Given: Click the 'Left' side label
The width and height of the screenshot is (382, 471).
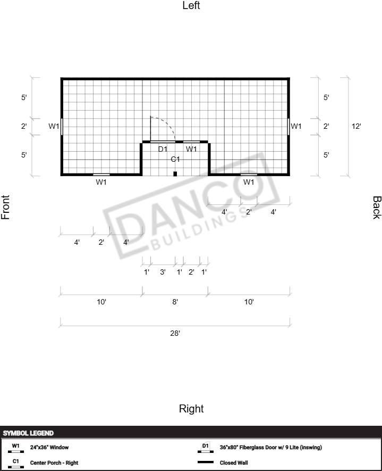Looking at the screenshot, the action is click(191, 5).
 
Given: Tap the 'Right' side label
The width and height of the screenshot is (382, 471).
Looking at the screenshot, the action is click(191, 409).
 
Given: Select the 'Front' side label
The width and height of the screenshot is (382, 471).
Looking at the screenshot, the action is click(5, 207).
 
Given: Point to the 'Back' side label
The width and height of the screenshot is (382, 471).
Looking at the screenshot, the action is click(377, 208).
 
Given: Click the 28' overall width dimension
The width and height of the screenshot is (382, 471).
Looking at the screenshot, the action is click(175, 333).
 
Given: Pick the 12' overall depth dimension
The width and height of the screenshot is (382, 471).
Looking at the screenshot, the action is click(356, 126).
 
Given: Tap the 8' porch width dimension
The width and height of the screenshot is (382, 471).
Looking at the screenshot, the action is click(175, 302).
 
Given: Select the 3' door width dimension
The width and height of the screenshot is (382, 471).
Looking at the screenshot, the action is click(163, 272).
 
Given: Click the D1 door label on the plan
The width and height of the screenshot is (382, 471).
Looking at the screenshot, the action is click(163, 149).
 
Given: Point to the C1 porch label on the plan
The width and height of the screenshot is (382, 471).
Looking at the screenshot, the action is click(175, 159).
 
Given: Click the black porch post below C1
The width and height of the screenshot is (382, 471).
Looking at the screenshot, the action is click(175, 173).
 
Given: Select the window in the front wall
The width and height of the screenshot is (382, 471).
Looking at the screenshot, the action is click(62, 127).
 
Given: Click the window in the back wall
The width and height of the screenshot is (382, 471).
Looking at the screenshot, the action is click(288, 127).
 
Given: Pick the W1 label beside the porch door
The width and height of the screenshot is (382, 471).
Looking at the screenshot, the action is click(191, 149).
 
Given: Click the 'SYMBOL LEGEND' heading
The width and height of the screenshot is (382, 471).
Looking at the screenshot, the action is click(28, 433).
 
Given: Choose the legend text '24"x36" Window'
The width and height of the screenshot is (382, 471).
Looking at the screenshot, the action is click(49, 447).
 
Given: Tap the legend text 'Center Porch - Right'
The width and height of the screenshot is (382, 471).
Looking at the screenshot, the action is click(54, 463).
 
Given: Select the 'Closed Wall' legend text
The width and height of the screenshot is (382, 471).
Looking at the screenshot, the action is click(234, 463).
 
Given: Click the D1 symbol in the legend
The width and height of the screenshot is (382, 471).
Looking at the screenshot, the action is click(206, 447).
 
